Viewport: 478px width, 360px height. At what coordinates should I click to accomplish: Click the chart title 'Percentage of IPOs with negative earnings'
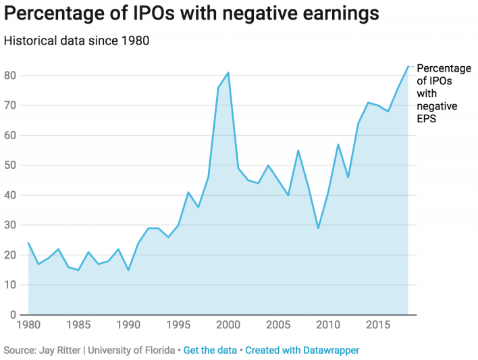[191, 14]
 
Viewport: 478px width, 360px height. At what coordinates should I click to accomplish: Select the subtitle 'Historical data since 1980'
[76, 41]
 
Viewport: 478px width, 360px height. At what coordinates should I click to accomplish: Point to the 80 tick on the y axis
[9, 76]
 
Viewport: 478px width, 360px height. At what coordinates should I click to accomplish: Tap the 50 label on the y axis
[9, 165]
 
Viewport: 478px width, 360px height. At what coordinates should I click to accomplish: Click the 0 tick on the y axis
[13, 315]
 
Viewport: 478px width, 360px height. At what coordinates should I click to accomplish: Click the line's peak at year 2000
[228, 72]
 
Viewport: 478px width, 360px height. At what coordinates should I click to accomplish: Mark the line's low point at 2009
[318, 228]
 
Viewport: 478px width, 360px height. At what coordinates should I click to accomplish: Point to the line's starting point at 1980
[28, 243]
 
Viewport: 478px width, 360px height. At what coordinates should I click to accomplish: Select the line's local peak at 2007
[298, 150]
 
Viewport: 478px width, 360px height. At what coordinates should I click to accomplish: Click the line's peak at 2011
[338, 145]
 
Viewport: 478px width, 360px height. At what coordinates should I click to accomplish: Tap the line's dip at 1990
[128, 270]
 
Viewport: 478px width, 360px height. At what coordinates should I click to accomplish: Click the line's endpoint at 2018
[408, 66]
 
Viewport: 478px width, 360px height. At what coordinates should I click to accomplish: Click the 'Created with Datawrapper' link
[302, 351]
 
